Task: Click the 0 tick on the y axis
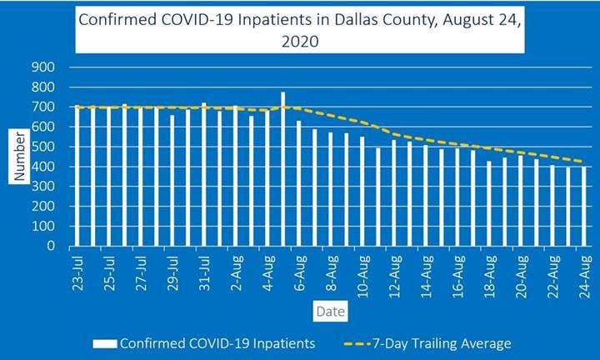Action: click(52, 247)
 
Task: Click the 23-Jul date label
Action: click(77, 271)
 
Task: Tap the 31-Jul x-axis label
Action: click(204, 271)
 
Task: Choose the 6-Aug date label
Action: click(299, 271)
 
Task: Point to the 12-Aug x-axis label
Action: click(394, 271)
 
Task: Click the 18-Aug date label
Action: click(489, 271)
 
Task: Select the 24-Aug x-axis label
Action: click(584, 271)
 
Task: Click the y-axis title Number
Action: click(18, 157)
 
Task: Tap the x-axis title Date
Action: click(325, 311)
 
